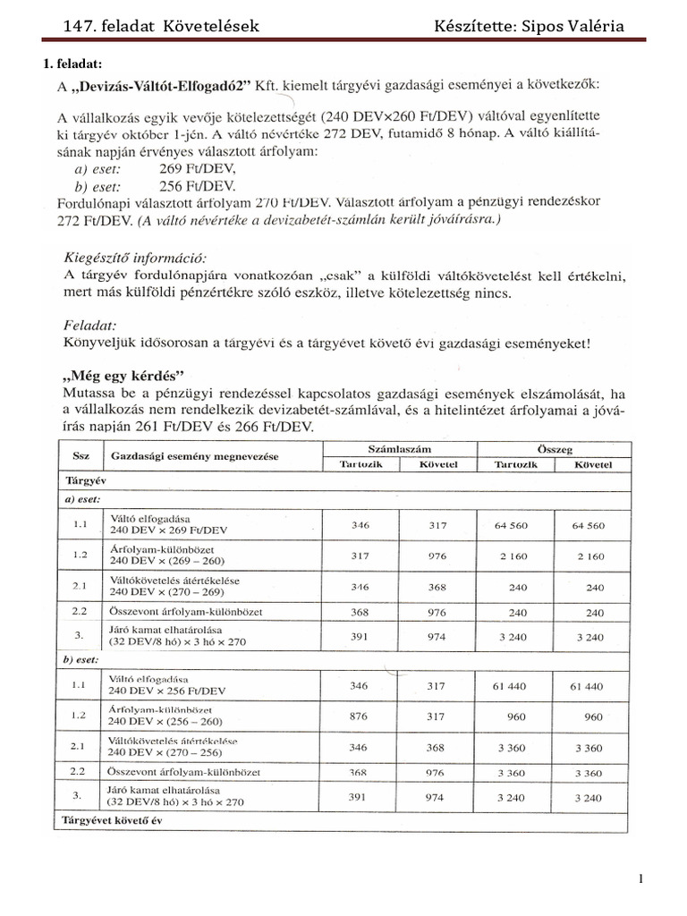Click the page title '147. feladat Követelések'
(161, 26)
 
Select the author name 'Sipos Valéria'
(573, 26)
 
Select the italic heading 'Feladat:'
(90, 327)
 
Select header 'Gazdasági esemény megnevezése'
(194, 456)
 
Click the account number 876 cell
(360, 717)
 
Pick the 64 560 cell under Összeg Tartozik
(512, 526)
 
